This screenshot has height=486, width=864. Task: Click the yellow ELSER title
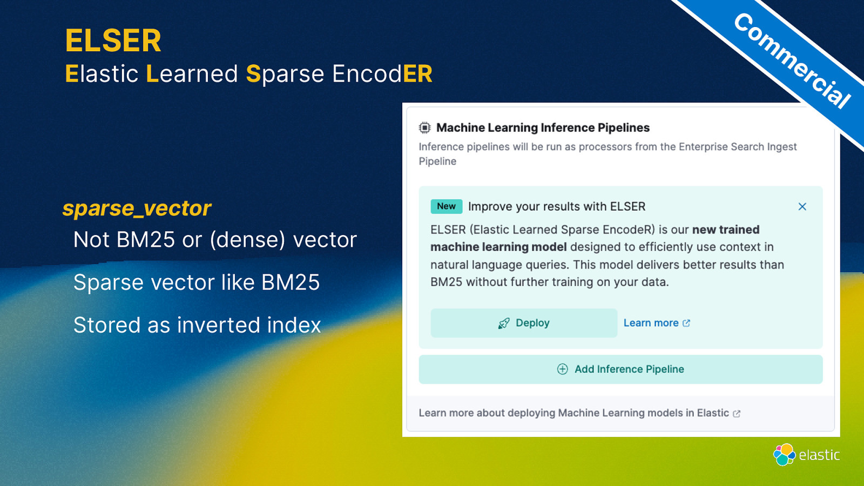pos(113,40)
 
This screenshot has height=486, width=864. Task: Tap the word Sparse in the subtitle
pos(285,74)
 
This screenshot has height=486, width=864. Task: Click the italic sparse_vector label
pos(137,208)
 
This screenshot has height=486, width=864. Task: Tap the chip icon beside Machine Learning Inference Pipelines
pos(424,127)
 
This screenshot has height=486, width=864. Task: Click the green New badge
pos(446,206)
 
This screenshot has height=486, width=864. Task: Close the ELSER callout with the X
pos(802,207)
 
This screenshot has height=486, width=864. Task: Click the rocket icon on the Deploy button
pos(504,323)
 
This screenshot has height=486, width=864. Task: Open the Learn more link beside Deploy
pos(657,323)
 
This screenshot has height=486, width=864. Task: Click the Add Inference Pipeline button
pos(620,369)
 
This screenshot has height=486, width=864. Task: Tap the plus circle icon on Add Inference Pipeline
pos(562,369)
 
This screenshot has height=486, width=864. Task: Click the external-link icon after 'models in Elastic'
pos(737,414)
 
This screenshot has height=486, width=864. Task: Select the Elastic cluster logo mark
pos(784,454)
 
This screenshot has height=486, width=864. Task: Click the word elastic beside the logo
pos(819,455)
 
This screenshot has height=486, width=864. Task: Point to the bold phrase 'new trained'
pos(726,230)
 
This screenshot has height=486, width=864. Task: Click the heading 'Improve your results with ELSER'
pos(557,207)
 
